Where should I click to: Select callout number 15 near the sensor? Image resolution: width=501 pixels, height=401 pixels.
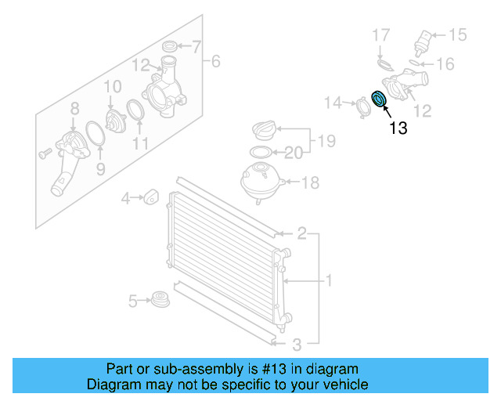point(456,34)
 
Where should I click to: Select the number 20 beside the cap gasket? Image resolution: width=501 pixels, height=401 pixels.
point(293,152)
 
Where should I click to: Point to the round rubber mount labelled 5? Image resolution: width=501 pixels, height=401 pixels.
point(160,300)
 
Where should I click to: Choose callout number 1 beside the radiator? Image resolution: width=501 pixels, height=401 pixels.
point(330,280)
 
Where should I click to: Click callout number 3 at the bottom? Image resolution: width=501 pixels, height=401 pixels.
point(297,344)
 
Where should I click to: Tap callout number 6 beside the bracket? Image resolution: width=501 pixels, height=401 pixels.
point(217,60)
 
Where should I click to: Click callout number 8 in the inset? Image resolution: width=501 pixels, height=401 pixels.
point(74,109)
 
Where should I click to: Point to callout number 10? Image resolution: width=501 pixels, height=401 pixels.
point(113,86)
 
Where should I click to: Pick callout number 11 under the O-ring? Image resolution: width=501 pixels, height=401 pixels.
point(140,143)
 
